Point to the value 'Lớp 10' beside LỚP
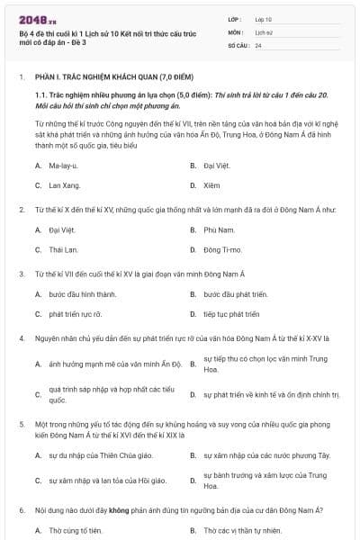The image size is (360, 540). pos(264,18)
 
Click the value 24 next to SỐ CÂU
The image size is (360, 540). pos(258,44)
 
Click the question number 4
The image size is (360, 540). pos(22,338)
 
